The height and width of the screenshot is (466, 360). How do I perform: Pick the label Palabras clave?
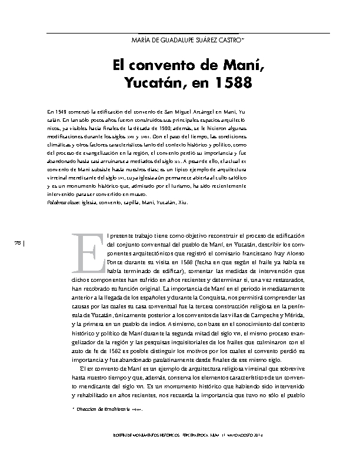[x=65, y=202]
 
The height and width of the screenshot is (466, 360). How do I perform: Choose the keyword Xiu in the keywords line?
[x=186, y=202]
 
